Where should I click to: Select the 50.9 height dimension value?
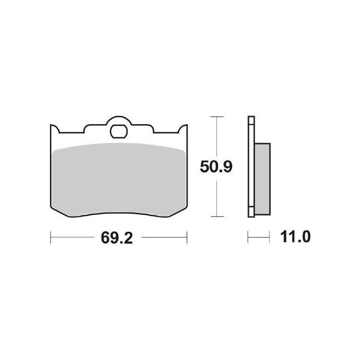click(216, 166)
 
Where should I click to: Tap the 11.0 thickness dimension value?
click(295, 237)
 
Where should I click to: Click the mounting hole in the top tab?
click(119, 131)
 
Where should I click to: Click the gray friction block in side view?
click(262, 179)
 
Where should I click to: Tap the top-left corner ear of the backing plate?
click(54, 129)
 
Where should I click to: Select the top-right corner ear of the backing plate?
click(183, 129)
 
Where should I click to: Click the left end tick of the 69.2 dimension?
click(50, 237)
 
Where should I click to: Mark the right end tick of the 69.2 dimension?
click(187, 237)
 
